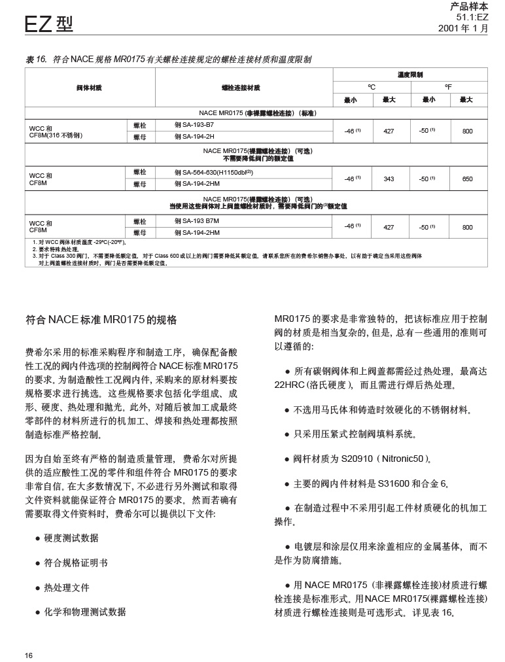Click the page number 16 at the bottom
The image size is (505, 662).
pos(29,655)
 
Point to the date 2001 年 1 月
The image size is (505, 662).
pos(463,28)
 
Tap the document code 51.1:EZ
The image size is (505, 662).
pos(472,17)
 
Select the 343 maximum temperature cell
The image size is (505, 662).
pos(389,179)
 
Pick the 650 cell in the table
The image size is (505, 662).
pos(467,179)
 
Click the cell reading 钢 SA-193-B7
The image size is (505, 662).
pos(194,124)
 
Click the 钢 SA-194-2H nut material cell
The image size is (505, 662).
pos(194,136)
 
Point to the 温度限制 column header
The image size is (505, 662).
pos(410,75)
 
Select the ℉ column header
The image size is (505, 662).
pos(448,86)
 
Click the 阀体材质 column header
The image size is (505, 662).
pos(89,87)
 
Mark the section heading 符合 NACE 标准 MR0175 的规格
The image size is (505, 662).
pos(101,321)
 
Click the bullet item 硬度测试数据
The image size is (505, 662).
pos(71,538)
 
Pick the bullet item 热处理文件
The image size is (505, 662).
pos(67,587)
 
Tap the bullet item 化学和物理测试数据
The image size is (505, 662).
pos(85,612)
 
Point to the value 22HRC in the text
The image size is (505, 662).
pos(290,385)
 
